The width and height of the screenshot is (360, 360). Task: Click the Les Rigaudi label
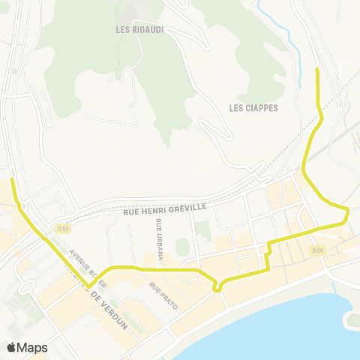(140, 30)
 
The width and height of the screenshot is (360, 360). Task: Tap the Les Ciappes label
(253, 108)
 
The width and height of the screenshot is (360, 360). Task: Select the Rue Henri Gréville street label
(164, 213)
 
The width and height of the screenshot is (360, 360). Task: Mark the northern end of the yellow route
(317, 70)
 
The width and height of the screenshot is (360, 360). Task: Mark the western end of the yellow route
(12, 180)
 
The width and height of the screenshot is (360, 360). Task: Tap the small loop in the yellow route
(217, 286)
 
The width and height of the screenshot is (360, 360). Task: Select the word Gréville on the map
(187, 211)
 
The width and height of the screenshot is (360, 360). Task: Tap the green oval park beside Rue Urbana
(182, 246)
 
